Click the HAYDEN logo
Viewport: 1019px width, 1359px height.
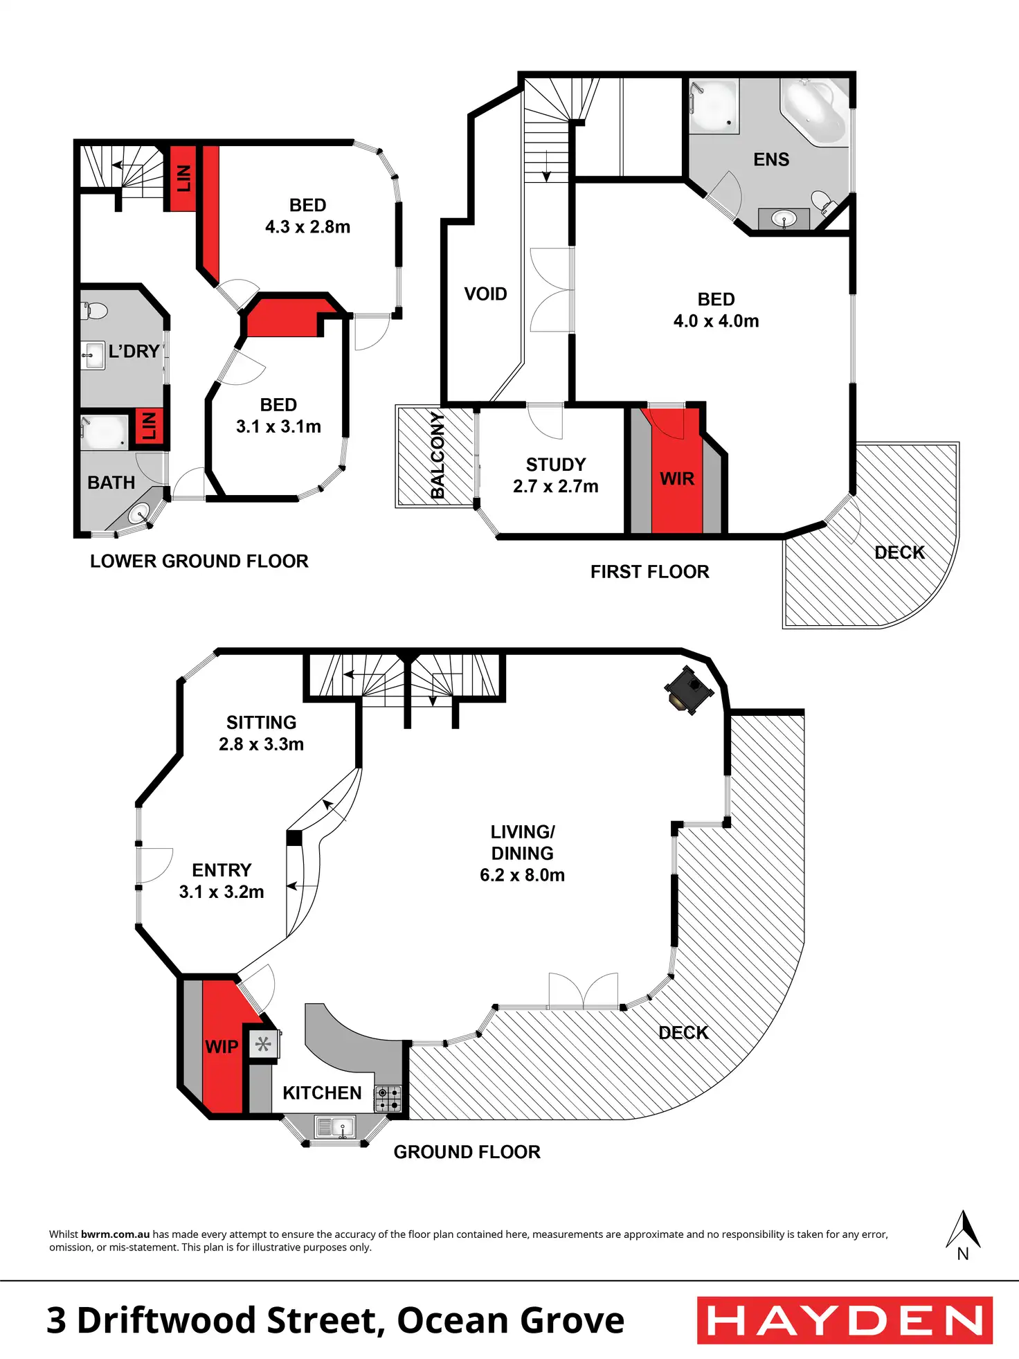coord(845,1320)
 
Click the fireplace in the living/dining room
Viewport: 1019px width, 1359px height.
coord(688,690)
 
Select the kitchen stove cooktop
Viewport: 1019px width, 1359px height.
coord(388,1098)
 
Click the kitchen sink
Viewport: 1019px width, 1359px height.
coord(335,1126)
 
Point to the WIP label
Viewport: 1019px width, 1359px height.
coord(222,1047)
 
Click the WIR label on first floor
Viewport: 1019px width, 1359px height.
coord(676,478)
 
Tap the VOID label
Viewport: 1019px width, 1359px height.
coord(485,294)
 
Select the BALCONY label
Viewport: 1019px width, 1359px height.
coord(438,455)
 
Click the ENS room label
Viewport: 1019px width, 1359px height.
coord(771,160)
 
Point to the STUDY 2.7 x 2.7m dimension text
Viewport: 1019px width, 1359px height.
coord(555,486)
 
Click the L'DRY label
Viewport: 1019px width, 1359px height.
coord(134,352)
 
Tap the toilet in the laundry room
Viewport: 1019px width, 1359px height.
coord(95,311)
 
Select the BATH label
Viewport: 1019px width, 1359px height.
coord(111,483)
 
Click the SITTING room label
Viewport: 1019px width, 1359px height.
coord(261,723)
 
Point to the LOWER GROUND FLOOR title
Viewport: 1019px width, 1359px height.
coord(199,561)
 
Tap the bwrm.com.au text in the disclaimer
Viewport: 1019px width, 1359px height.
coord(115,1234)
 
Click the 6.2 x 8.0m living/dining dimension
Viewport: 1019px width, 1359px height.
coord(522,875)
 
